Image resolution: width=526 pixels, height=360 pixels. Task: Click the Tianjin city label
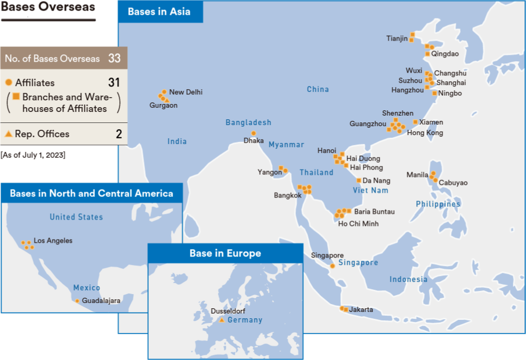[397, 39]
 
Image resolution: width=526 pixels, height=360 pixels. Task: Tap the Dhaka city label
[254, 141]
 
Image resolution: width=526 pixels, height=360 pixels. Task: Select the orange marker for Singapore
[332, 266]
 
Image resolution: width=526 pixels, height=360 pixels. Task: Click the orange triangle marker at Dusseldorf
[222, 320]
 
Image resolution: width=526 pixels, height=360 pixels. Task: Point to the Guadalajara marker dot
[77, 301]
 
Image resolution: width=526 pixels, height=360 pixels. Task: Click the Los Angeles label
[53, 241]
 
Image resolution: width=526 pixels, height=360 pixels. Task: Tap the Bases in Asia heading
[159, 12]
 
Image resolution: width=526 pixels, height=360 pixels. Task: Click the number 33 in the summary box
[114, 59]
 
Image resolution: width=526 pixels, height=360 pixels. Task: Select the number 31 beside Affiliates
[114, 82]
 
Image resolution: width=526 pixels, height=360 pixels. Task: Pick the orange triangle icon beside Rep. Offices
[8, 134]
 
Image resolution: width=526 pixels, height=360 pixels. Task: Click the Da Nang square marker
[359, 181]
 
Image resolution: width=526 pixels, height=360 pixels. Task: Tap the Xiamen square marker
[415, 122]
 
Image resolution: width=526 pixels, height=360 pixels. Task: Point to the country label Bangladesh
[248, 123]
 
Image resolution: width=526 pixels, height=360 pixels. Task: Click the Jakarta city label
[361, 309]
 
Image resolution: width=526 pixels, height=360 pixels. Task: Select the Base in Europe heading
[225, 254]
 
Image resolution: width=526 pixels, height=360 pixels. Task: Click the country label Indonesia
[408, 279]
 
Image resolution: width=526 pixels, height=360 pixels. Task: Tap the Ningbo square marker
[434, 93]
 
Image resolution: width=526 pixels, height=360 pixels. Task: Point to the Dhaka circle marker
[253, 133]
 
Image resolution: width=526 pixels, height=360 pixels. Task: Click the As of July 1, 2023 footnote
[33, 155]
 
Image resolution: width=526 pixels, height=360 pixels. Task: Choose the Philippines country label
[438, 204]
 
